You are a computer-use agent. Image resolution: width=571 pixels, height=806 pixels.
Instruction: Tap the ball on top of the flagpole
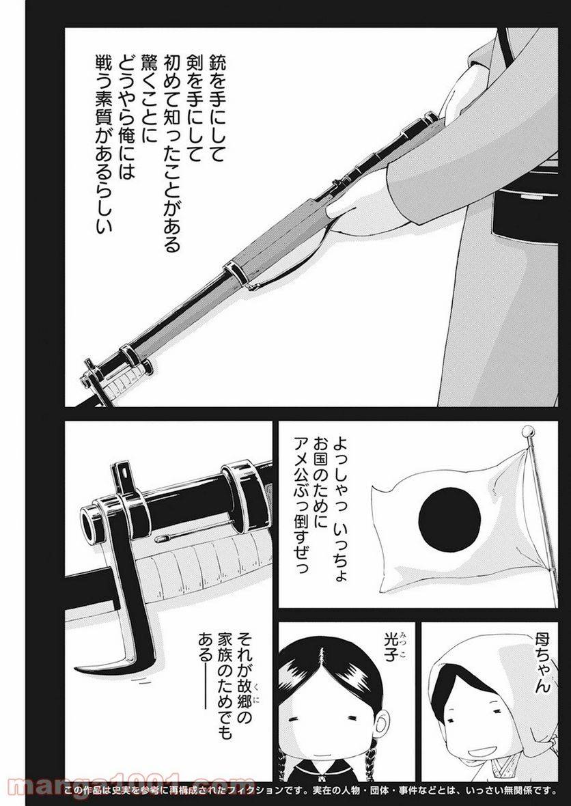(x=526, y=432)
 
